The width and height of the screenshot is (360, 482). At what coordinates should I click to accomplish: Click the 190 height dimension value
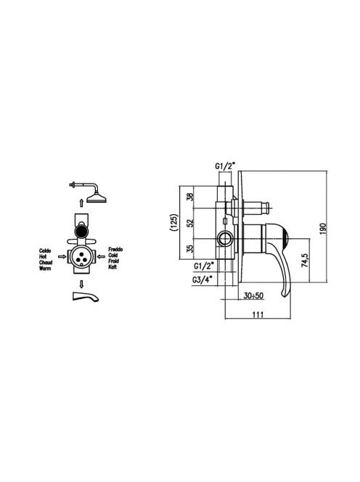(x=322, y=229)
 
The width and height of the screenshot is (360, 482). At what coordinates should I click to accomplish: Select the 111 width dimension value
(x=258, y=314)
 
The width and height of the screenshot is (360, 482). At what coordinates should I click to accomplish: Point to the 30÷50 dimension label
(x=253, y=295)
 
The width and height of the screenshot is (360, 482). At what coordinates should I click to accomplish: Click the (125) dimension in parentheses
(x=175, y=223)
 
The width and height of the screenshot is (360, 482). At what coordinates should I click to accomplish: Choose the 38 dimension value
(x=191, y=197)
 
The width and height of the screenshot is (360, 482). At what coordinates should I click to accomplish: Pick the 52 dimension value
(x=191, y=223)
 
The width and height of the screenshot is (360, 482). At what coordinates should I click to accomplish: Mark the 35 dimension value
(x=191, y=249)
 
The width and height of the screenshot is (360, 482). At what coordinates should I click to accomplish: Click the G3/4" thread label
(x=204, y=280)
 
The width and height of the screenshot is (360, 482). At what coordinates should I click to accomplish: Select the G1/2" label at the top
(x=225, y=167)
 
